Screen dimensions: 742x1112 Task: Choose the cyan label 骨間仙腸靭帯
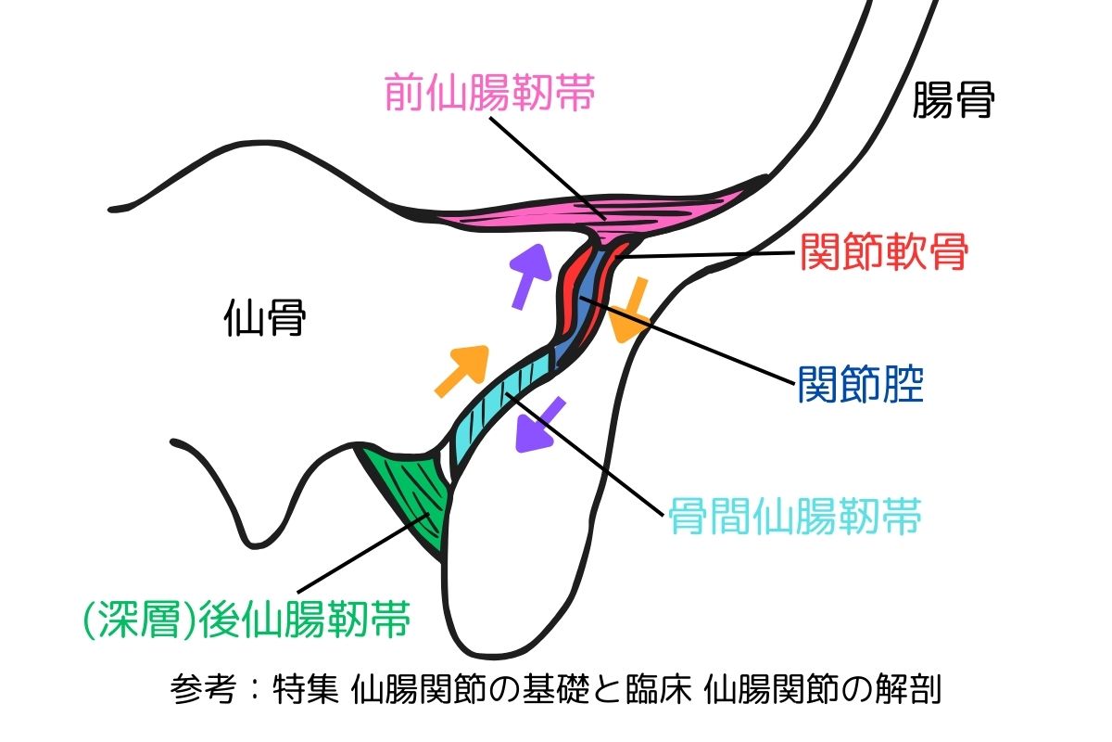[795, 518]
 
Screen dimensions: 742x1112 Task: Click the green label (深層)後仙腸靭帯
[245, 619]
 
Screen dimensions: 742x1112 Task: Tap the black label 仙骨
[265, 321]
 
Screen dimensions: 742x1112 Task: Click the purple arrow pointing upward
[529, 274]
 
